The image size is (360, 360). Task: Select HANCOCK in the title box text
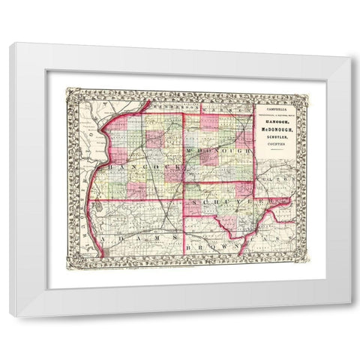pos(277,123)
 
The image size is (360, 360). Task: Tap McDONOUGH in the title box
pos(277,130)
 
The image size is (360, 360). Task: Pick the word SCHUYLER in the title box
pos(277,139)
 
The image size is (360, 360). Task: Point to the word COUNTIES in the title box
pos(277,145)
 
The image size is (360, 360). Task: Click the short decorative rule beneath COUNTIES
pos(277,151)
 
